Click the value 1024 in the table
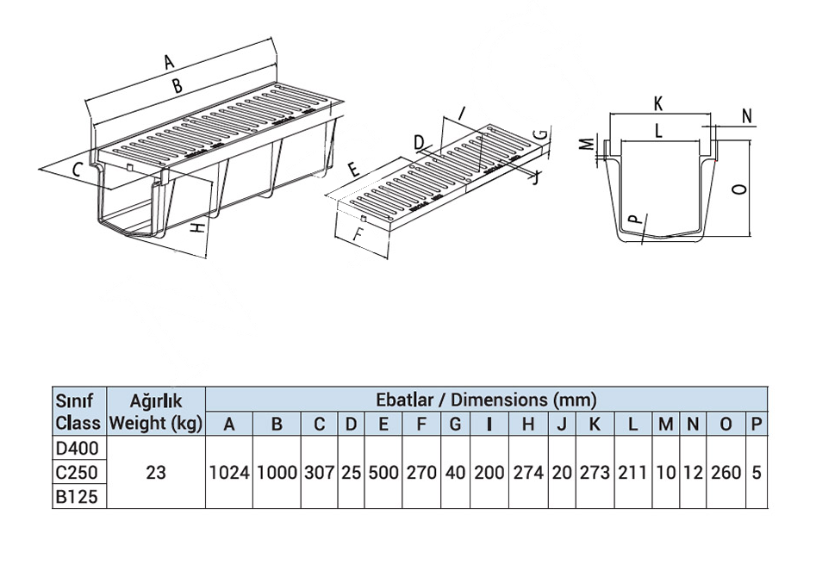point(228,473)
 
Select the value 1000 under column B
point(277,473)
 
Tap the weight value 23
point(155,473)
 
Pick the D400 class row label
point(78,449)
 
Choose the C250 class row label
point(78,473)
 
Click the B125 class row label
point(78,497)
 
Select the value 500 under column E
point(383,473)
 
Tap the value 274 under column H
point(528,473)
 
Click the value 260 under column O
point(726,473)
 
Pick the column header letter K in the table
point(594,424)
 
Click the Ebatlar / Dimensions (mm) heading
point(486,400)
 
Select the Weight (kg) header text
point(155,424)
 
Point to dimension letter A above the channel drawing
point(170,62)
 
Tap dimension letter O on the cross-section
point(738,189)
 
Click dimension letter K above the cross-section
point(658,104)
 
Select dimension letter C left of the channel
point(76,169)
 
